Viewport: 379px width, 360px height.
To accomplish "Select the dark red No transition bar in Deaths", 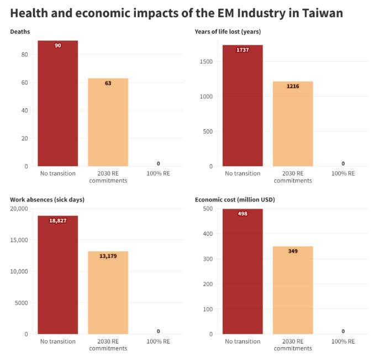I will tap(57, 105).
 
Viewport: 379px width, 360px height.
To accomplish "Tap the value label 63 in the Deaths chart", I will tap(108, 83).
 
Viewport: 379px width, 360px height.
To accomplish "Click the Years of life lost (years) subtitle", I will tap(228, 31).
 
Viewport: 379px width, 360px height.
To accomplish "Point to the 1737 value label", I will tap(243, 50).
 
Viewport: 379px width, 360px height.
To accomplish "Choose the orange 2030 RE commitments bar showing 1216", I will tap(293, 124).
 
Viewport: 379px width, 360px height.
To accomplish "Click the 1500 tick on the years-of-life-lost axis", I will tap(206, 62).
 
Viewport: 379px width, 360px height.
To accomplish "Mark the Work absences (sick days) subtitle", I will tap(47, 199).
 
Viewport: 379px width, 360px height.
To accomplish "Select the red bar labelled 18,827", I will tap(57, 276).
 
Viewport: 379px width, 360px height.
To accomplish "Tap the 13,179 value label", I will tap(108, 256).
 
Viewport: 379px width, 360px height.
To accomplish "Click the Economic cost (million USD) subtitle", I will tap(235, 199).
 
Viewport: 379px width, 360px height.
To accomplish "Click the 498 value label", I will tap(243, 214).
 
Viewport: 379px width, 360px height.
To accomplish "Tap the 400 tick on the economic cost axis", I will tap(207, 234).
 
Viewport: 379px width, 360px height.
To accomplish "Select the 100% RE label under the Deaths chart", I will tap(158, 173).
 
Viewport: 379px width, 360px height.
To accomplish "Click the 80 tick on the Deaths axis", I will tap(25, 55).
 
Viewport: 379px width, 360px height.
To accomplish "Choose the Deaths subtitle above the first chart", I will tap(20, 31).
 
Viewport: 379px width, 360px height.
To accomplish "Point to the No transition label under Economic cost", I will tap(243, 341).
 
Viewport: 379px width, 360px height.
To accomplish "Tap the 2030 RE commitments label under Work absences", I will tap(108, 345).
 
